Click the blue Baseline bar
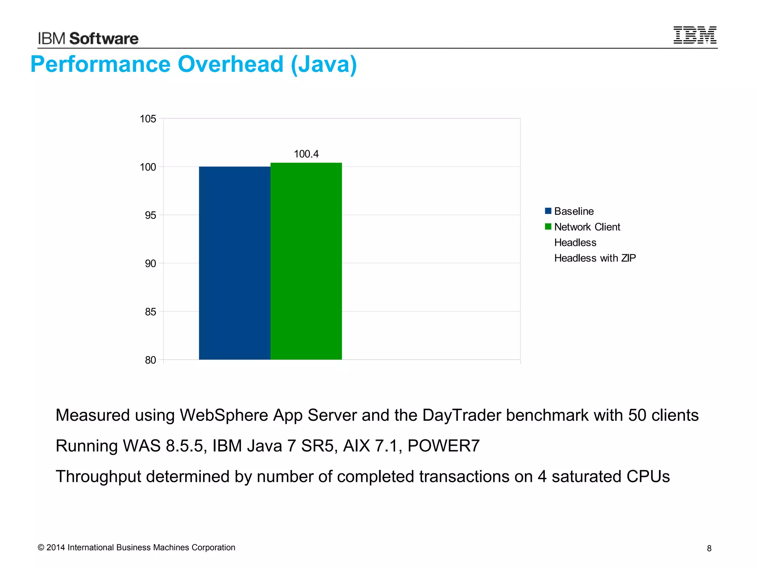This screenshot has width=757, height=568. (x=234, y=263)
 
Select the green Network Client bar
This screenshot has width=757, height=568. (x=306, y=261)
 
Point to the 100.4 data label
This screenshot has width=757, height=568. (x=306, y=154)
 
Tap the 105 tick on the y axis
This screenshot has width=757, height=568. (x=148, y=119)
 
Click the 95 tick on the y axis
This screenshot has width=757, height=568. (x=150, y=215)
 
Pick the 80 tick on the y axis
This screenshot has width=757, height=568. (x=150, y=360)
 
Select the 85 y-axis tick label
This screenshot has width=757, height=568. (x=150, y=312)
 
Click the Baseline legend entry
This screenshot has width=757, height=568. (x=574, y=211)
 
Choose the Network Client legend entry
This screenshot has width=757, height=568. (x=587, y=227)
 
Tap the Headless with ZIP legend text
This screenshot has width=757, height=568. (x=595, y=258)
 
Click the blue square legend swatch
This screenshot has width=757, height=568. (x=548, y=211)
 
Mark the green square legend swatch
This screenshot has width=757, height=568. (x=548, y=226)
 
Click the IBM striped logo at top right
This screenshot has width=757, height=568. (x=695, y=35)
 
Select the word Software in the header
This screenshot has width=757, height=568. (x=104, y=38)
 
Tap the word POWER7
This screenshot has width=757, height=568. (x=444, y=446)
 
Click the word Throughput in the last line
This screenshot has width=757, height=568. (x=98, y=476)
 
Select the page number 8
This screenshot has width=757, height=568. (x=709, y=548)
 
